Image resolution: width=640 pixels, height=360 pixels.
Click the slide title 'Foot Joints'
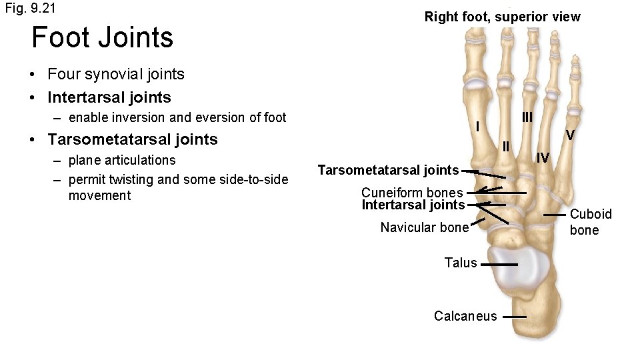(x=102, y=37)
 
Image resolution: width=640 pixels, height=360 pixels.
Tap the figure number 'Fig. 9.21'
(x=30, y=9)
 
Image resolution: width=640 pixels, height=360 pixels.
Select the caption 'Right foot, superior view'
(x=502, y=17)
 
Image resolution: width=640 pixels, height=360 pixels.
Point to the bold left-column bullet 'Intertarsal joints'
(x=109, y=97)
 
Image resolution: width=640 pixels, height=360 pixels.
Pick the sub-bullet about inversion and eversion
(x=177, y=118)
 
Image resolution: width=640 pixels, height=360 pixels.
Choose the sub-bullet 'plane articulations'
(x=122, y=160)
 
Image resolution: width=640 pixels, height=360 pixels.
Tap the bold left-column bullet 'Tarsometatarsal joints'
(x=133, y=139)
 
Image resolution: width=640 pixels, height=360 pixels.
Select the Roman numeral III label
(x=527, y=117)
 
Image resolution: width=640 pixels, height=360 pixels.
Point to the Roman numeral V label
(x=570, y=135)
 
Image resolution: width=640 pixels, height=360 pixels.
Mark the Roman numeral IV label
(x=543, y=158)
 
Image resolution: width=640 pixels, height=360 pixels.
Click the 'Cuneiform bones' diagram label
(x=412, y=193)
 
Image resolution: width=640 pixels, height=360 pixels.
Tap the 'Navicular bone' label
(x=425, y=227)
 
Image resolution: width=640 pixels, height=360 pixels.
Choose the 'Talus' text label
(x=461, y=263)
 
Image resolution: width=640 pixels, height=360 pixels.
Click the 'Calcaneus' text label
(x=465, y=316)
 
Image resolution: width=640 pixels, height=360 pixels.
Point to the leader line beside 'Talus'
(x=499, y=264)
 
